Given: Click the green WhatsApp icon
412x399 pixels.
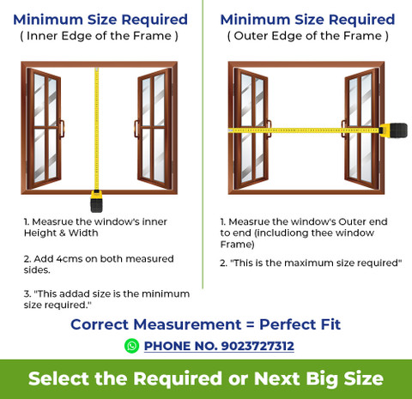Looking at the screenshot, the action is [x=131, y=346].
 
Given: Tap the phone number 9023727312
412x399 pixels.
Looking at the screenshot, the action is [x=257, y=346].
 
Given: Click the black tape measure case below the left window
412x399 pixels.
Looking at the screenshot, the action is [x=96, y=202].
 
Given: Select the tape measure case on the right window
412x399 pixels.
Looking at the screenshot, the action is [x=393, y=130].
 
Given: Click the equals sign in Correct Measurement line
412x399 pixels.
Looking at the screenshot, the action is [x=250, y=324].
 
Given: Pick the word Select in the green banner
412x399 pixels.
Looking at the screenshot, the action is [x=58, y=378].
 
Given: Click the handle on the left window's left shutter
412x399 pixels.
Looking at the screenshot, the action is [x=62, y=130].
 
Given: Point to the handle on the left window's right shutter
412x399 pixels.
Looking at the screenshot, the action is [x=136, y=130].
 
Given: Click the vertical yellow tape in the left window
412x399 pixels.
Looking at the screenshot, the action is [x=97, y=129].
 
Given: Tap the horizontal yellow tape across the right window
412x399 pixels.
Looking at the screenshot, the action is [x=304, y=130].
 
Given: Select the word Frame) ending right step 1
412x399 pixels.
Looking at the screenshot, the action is [x=237, y=245].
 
